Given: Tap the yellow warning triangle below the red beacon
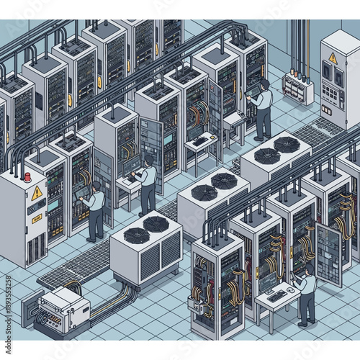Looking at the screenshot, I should (x=37, y=193).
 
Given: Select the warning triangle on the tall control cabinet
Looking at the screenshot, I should (x=333, y=58).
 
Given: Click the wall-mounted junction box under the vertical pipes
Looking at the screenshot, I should (x=297, y=87).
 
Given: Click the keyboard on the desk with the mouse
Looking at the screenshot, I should (x=276, y=295).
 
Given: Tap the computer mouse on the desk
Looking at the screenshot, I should (x=291, y=289).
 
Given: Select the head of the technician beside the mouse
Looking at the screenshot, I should (x=309, y=271).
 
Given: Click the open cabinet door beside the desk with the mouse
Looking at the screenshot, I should (x=328, y=252).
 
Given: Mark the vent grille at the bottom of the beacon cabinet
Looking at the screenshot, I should (x=35, y=249).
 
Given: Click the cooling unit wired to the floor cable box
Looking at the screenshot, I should (x=145, y=248).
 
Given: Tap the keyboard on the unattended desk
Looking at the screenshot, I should (x=199, y=141).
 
